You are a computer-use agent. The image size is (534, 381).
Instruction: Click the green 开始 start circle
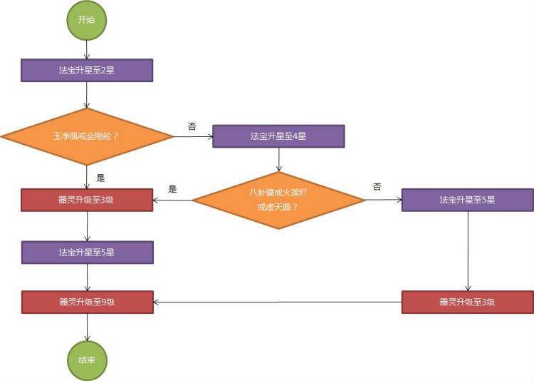click(86, 20)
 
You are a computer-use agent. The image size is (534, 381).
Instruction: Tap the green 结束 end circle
click(87, 360)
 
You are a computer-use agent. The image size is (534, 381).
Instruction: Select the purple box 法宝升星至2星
click(87, 70)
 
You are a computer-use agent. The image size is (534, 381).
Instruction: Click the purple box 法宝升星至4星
click(278, 136)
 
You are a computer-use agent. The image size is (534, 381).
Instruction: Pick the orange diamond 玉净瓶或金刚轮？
click(86, 136)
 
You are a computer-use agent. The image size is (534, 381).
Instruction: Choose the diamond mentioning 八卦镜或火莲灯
click(278, 200)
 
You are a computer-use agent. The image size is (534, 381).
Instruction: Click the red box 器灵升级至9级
click(87, 302)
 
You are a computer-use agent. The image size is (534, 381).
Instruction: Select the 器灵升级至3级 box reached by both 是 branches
click(87, 200)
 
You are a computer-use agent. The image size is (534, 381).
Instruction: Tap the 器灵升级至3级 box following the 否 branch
click(467, 302)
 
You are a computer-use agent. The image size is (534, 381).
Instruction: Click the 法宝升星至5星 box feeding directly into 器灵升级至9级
click(87, 252)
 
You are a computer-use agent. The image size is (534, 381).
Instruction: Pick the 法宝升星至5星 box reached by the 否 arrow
click(467, 200)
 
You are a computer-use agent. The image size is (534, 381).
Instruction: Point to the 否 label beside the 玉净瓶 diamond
click(192, 126)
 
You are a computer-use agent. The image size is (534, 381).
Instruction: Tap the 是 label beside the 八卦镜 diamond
click(172, 189)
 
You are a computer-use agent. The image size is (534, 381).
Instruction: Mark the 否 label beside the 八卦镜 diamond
click(377, 187)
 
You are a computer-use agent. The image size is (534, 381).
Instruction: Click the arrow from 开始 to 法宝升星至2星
click(86, 49)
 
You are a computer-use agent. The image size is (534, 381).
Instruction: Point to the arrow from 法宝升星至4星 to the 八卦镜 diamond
click(278, 158)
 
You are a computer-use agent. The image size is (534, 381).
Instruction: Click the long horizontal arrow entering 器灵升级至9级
click(278, 302)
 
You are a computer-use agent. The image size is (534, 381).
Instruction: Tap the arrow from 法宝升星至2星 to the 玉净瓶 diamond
click(86, 94)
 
